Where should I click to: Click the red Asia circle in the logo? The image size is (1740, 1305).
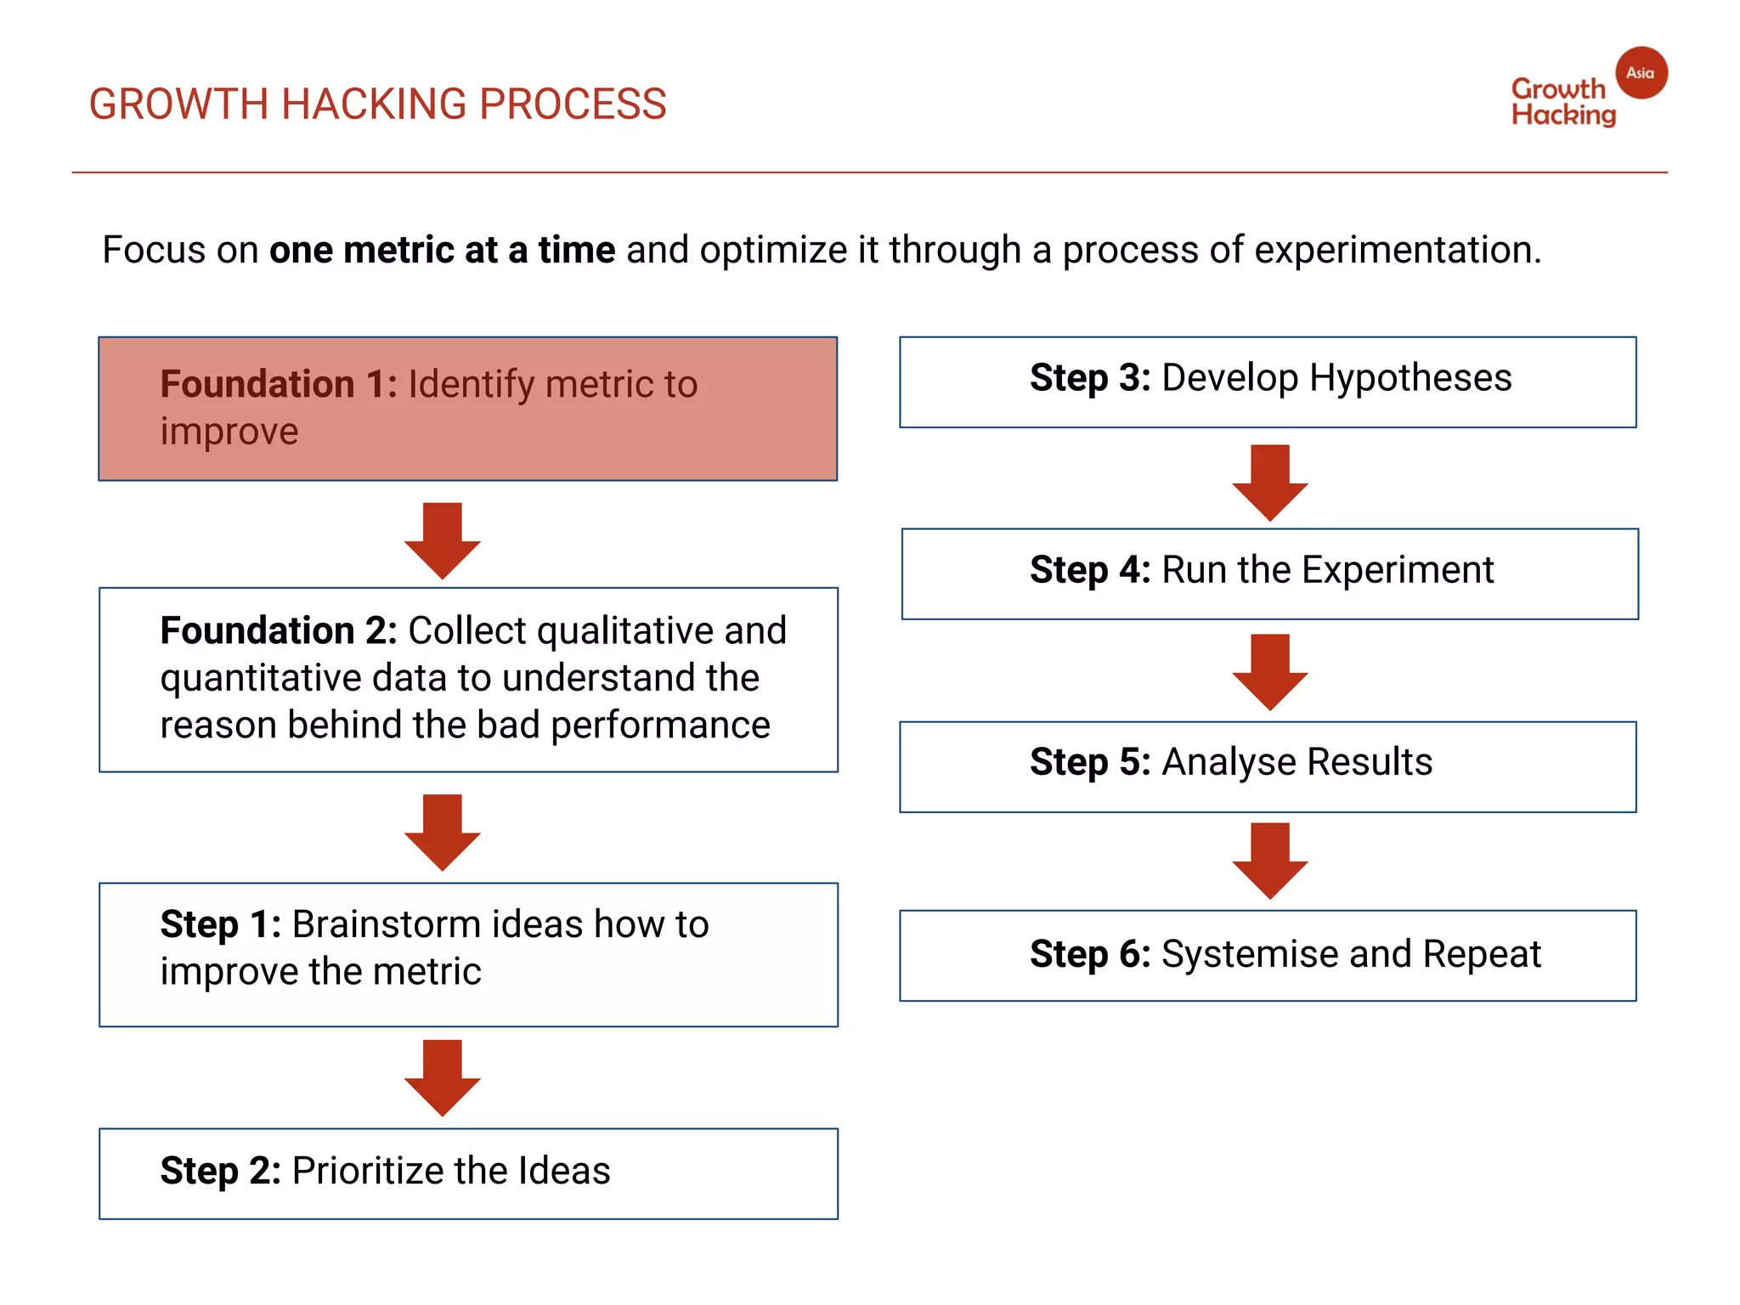point(1641,73)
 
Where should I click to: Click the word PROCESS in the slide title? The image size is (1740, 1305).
point(573,105)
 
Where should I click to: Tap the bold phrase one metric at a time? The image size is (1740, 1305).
point(442,251)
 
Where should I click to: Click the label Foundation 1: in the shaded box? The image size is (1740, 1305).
point(279,384)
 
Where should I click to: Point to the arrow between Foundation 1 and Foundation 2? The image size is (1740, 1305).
point(443,540)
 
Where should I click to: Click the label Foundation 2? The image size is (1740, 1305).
point(279,631)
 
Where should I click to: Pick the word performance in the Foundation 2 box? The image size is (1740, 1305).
point(660,726)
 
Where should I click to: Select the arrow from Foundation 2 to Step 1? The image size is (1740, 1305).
point(443,832)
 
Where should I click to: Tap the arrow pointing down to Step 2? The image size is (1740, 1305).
point(443,1076)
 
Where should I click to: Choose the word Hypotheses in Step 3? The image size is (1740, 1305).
point(1410,378)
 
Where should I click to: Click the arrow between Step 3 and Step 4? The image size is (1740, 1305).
point(1270,482)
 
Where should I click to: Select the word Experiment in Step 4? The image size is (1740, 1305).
point(1398,570)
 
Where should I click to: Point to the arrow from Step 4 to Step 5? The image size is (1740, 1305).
point(1270,671)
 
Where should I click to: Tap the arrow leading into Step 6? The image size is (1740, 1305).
point(1270,860)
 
